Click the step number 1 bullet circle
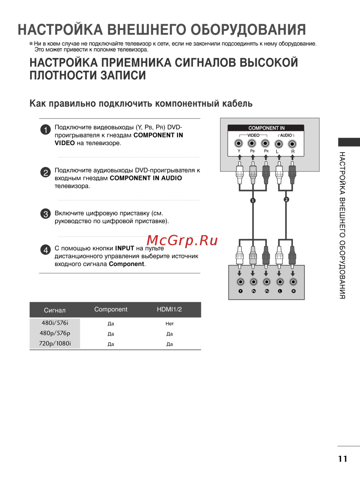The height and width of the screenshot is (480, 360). pyautogui.click(x=45, y=129)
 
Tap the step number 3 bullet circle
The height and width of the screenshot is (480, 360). pyautogui.click(x=45, y=214)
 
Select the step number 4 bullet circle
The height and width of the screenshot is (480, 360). pyautogui.click(x=45, y=250)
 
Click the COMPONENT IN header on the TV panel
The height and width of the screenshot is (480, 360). pyautogui.click(x=266, y=128)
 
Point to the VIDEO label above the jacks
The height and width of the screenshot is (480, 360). pyautogui.click(x=253, y=135)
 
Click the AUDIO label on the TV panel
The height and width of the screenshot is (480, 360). pyautogui.click(x=286, y=135)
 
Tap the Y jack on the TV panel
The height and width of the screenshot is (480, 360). pyautogui.click(x=239, y=143)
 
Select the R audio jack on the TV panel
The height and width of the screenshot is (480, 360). pyautogui.click(x=292, y=144)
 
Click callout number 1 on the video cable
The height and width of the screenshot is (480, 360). pyautogui.click(x=253, y=200)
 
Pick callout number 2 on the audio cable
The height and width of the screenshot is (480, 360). pyautogui.click(x=286, y=199)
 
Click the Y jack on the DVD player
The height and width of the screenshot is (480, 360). pyautogui.click(x=240, y=282)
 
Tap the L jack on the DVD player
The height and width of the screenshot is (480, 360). pyautogui.click(x=280, y=282)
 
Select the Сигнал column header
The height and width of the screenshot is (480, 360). pyautogui.click(x=55, y=310)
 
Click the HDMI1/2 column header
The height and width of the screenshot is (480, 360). pyautogui.click(x=169, y=309)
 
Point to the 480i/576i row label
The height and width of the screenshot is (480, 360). pyautogui.click(x=55, y=323)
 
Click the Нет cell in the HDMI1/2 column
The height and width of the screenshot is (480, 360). pyautogui.click(x=170, y=324)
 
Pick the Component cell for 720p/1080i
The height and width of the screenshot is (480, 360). pyautogui.click(x=111, y=344)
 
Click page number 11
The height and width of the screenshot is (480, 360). pyautogui.click(x=342, y=459)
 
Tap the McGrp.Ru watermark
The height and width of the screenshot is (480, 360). pyautogui.click(x=182, y=240)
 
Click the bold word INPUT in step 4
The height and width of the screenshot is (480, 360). pyautogui.click(x=125, y=248)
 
